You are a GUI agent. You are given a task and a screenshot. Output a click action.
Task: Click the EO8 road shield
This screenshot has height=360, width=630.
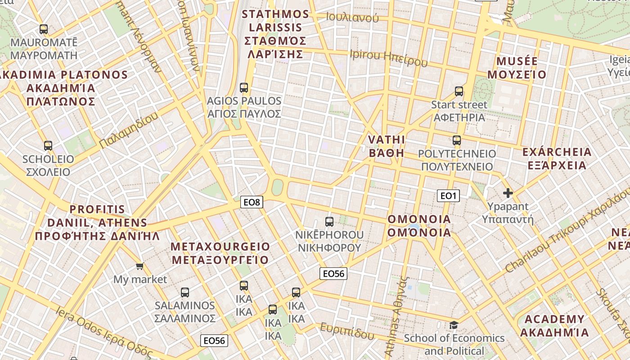[252, 202]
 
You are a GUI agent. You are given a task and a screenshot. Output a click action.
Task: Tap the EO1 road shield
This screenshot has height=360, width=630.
[448, 195]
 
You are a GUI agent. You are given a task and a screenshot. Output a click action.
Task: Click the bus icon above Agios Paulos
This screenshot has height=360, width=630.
[244, 87]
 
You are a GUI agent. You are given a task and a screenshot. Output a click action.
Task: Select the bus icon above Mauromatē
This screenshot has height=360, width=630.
[44, 29]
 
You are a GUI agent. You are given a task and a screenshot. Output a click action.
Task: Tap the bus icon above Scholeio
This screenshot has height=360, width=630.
[48, 146]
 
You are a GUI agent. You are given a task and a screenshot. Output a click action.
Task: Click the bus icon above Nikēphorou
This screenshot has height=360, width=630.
[329, 221]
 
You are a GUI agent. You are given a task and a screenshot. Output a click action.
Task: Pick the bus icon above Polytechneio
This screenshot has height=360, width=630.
[457, 140]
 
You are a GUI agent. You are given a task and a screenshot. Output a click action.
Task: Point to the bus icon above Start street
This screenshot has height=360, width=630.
[459, 91]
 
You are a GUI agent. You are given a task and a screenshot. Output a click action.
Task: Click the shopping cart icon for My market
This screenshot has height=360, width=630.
[140, 266]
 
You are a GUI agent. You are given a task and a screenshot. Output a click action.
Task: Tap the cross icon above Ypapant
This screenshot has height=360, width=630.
[508, 193]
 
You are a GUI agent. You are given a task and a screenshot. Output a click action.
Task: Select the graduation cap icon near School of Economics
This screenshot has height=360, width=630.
[454, 325]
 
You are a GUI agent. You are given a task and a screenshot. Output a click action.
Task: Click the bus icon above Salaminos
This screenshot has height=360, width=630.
[185, 292]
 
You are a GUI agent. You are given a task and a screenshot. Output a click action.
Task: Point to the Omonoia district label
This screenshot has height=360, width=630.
[419, 226]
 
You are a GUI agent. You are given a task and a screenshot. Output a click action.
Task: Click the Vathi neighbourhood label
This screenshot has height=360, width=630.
[387, 146]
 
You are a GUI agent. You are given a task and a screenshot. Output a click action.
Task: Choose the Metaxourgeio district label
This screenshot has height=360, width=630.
[220, 253]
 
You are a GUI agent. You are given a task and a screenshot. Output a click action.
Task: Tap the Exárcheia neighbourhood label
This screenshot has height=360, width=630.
[557, 158]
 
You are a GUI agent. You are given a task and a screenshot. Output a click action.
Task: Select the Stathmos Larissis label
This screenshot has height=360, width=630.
[275, 34]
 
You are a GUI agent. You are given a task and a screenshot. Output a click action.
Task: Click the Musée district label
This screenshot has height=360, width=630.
[517, 68]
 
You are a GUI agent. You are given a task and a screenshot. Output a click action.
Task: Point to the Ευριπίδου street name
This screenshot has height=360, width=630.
[347, 331]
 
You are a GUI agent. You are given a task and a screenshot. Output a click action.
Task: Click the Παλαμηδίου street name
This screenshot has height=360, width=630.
[129, 130]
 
